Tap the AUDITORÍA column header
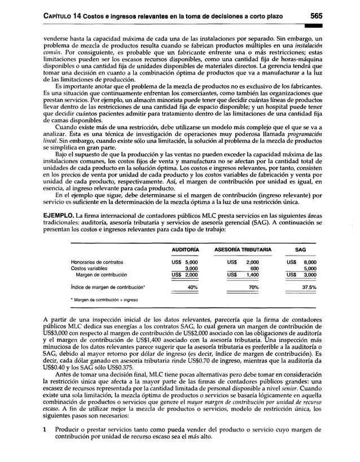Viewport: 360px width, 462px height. coord(185,249)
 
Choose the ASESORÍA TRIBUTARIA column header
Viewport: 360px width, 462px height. coord(243,249)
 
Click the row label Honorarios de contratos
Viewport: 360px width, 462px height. coord(97,262)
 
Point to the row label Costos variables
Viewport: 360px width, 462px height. coord(88,269)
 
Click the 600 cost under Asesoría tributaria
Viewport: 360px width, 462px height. coord(254,269)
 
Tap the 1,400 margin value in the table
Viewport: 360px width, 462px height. coord(252,275)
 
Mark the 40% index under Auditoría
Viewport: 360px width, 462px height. coord(192,287)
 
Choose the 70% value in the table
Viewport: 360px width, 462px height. coord(253,287)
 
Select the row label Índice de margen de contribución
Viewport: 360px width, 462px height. coord(107,287)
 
